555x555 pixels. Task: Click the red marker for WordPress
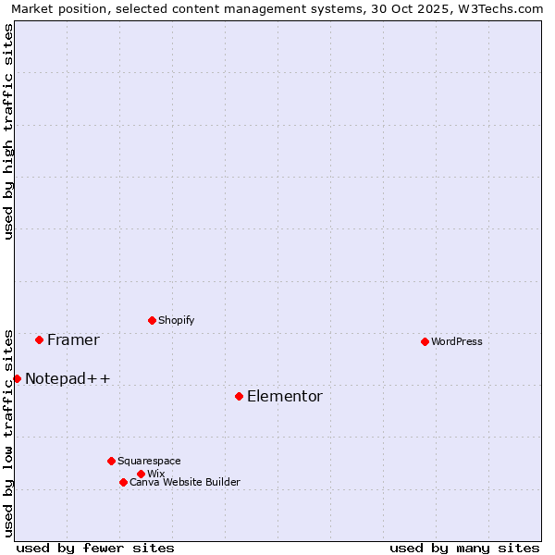tap(425, 341)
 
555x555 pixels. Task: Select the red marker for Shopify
tap(152, 320)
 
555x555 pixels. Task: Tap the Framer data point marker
tap(39, 339)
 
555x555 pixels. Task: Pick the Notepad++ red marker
tap(17, 378)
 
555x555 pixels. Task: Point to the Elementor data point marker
tap(239, 396)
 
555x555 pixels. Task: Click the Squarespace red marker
tap(111, 461)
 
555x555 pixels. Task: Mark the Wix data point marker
tap(141, 474)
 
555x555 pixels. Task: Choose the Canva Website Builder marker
tap(123, 482)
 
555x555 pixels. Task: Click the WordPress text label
tap(456, 341)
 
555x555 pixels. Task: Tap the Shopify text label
tap(176, 320)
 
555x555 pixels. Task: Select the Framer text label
tap(73, 339)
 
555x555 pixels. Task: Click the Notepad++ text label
tap(68, 378)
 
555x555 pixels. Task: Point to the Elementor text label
tap(284, 396)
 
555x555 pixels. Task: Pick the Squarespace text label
tap(149, 461)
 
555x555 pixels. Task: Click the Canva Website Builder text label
tap(184, 482)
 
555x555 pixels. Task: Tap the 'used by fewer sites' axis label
tap(95, 548)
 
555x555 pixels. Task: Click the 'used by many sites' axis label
tap(464, 548)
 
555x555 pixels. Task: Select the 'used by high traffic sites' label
tap(8, 131)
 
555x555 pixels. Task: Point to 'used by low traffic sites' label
tap(8, 432)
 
